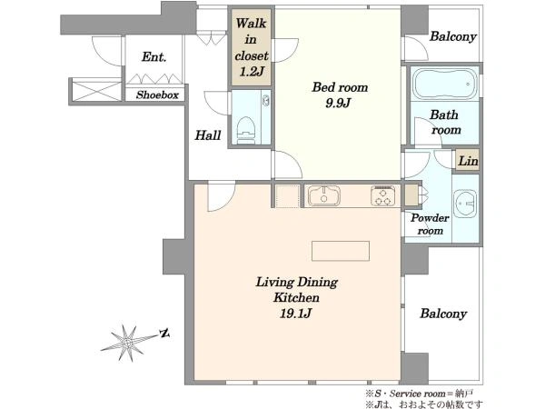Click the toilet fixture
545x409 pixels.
[x=246, y=130]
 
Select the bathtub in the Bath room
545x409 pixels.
[x=444, y=84]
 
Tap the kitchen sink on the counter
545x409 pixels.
[x=324, y=195]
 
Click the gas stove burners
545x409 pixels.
[x=382, y=195]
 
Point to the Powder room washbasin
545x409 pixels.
[x=465, y=204]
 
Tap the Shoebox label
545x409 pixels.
[x=157, y=95]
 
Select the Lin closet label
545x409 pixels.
[x=468, y=162]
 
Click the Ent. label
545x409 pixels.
[x=154, y=56]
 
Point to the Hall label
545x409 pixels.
[x=208, y=135]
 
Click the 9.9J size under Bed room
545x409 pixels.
[x=337, y=103]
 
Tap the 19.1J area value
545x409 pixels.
[x=295, y=314]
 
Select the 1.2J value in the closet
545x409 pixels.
[x=252, y=72]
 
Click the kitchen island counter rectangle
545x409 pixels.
[x=341, y=251]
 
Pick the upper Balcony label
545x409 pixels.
[x=453, y=36]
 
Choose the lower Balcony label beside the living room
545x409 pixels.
[x=443, y=314]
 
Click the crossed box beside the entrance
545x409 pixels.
[x=96, y=91]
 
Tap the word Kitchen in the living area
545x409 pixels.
[x=296, y=298]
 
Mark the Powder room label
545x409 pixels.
[x=430, y=224]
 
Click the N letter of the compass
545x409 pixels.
[x=164, y=334]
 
